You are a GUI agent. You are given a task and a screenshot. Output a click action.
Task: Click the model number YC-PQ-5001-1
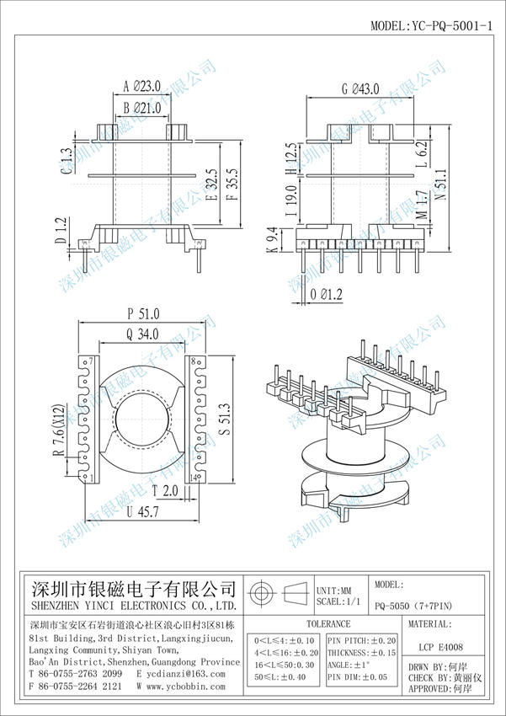tap(432, 26)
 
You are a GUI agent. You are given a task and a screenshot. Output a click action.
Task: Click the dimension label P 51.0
tap(144, 313)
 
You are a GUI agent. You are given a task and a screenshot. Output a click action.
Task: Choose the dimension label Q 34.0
tap(144, 334)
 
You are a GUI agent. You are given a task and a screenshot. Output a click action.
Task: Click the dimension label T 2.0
tap(164, 490)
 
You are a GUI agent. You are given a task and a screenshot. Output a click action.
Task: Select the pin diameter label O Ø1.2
tap(327, 294)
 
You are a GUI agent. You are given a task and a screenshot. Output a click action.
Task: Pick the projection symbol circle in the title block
tap(262, 590)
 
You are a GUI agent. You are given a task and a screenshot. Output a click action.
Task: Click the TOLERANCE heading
tap(328, 624)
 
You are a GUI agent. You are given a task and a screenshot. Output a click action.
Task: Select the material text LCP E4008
tap(440, 648)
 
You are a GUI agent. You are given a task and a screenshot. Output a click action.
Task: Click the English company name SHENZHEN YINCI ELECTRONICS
tap(133, 606)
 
